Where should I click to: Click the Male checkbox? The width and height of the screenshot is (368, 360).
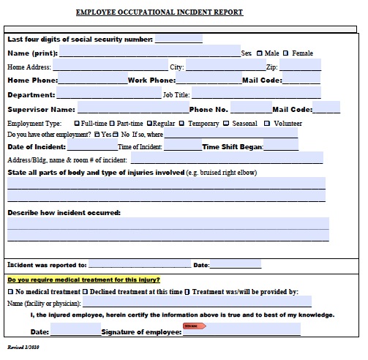(x=260, y=53)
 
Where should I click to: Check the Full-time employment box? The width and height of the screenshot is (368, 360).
(x=77, y=124)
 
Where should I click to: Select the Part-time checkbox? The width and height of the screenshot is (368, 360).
(x=113, y=124)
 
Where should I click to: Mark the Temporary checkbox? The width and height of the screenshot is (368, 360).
(x=183, y=124)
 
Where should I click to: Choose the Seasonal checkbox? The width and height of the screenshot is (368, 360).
(x=226, y=124)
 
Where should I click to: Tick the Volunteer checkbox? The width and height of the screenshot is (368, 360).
(x=267, y=124)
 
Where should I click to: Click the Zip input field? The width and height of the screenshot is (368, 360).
(x=300, y=67)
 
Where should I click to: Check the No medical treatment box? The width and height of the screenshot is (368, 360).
(x=10, y=291)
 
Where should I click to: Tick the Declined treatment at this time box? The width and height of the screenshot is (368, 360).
(x=86, y=291)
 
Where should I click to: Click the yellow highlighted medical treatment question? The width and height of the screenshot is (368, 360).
(x=83, y=280)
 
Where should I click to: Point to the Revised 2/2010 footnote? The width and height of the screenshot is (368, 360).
(x=23, y=347)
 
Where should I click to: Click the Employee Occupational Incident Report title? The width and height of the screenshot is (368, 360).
(x=159, y=12)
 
